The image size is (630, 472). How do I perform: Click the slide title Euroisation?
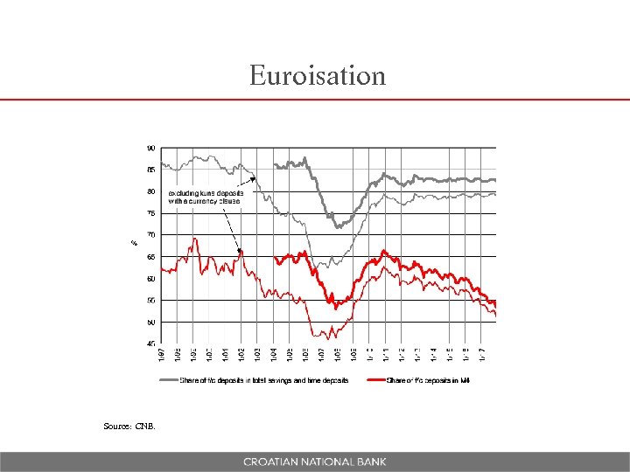pyautogui.click(x=317, y=76)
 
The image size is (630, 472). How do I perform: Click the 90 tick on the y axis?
pyautogui.click(x=151, y=148)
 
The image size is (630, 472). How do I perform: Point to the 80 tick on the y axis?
pyautogui.click(x=151, y=191)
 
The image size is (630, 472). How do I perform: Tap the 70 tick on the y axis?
pyautogui.click(x=151, y=235)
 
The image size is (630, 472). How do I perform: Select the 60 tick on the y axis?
pyautogui.click(x=151, y=279)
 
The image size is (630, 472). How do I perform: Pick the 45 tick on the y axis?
pyautogui.click(x=151, y=344)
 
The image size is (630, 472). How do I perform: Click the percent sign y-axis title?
pyautogui.click(x=134, y=242)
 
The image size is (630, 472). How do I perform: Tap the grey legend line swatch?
pyautogui.click(x=168, y=380)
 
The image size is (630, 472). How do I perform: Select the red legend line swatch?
pyautogui.click(x=376, y=380)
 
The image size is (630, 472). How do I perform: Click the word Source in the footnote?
pyautogui.click(x=116, y=427)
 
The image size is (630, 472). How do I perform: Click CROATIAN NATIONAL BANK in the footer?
pyautogui.click(x=315, y=462)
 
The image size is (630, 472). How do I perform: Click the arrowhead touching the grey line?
pyautogui.click(x=254, y=179)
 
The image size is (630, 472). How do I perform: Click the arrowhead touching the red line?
pyautogui.click(x=240, y=252)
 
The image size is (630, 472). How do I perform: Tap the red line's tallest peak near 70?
pyautogui.click(x=194, y=238)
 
